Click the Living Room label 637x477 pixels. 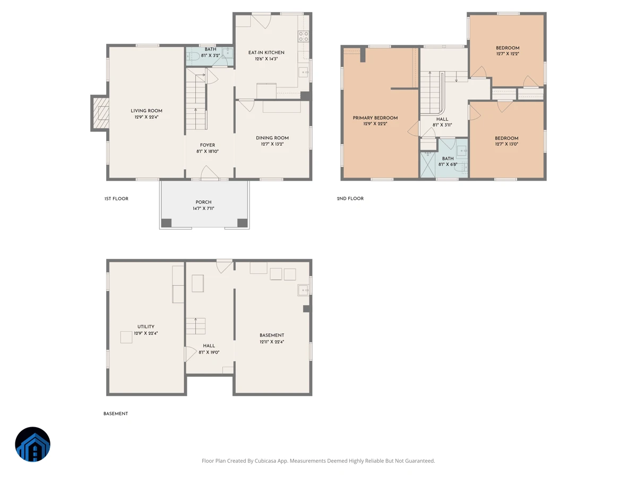click(x=147, y=111)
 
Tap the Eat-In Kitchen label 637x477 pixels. click(x=266, y=52)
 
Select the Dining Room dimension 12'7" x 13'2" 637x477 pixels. click(x=272, y=144)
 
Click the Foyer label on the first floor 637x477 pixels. click(x=208, y=145)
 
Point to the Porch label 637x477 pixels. click(x=203, y=202)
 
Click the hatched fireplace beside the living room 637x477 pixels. click(x=100, y=113)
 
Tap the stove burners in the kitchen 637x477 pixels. click(x=304, y=37)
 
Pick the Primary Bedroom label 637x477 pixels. click(x=375, y=118)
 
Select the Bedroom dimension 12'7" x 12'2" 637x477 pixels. click(x=507, y=54)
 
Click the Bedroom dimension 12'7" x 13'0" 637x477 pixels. click(x=506, y=144)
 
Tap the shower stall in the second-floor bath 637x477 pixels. click(x=428, y=164)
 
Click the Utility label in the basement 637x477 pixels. click(x=145, y=326)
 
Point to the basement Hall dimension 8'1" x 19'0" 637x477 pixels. click(x=209, y=352)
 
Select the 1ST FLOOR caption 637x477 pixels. click(x=116, y=198)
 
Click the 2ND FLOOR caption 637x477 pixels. click(x=350, y=198)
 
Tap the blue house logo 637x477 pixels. click(x=32, y=444)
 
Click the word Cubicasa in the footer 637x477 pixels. click(x=265, y=461)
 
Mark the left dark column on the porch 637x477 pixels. click(x=166, y=223)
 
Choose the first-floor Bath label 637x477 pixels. click(x=210, y=49)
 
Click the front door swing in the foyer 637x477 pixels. click(x=209, y=172)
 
